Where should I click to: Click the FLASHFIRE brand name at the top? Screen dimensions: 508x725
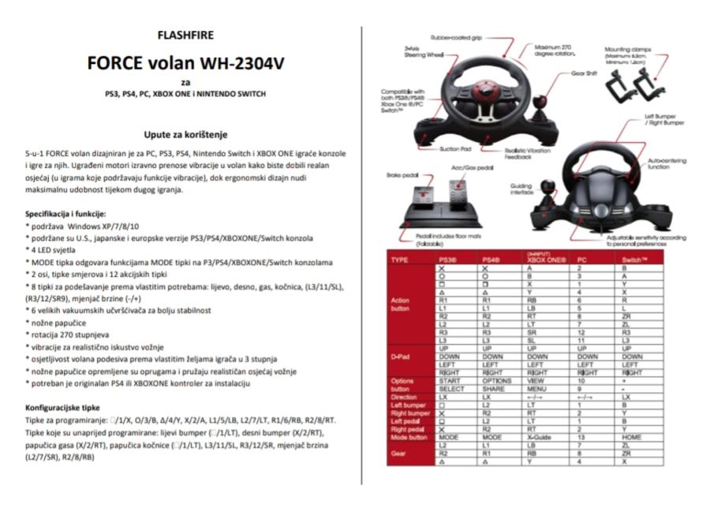pos(185,35)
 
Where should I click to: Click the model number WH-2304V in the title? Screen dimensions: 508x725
pos(241,62)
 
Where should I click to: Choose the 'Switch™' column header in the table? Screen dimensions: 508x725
pos(634,259)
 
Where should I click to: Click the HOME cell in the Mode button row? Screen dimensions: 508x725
pos(631,436)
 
